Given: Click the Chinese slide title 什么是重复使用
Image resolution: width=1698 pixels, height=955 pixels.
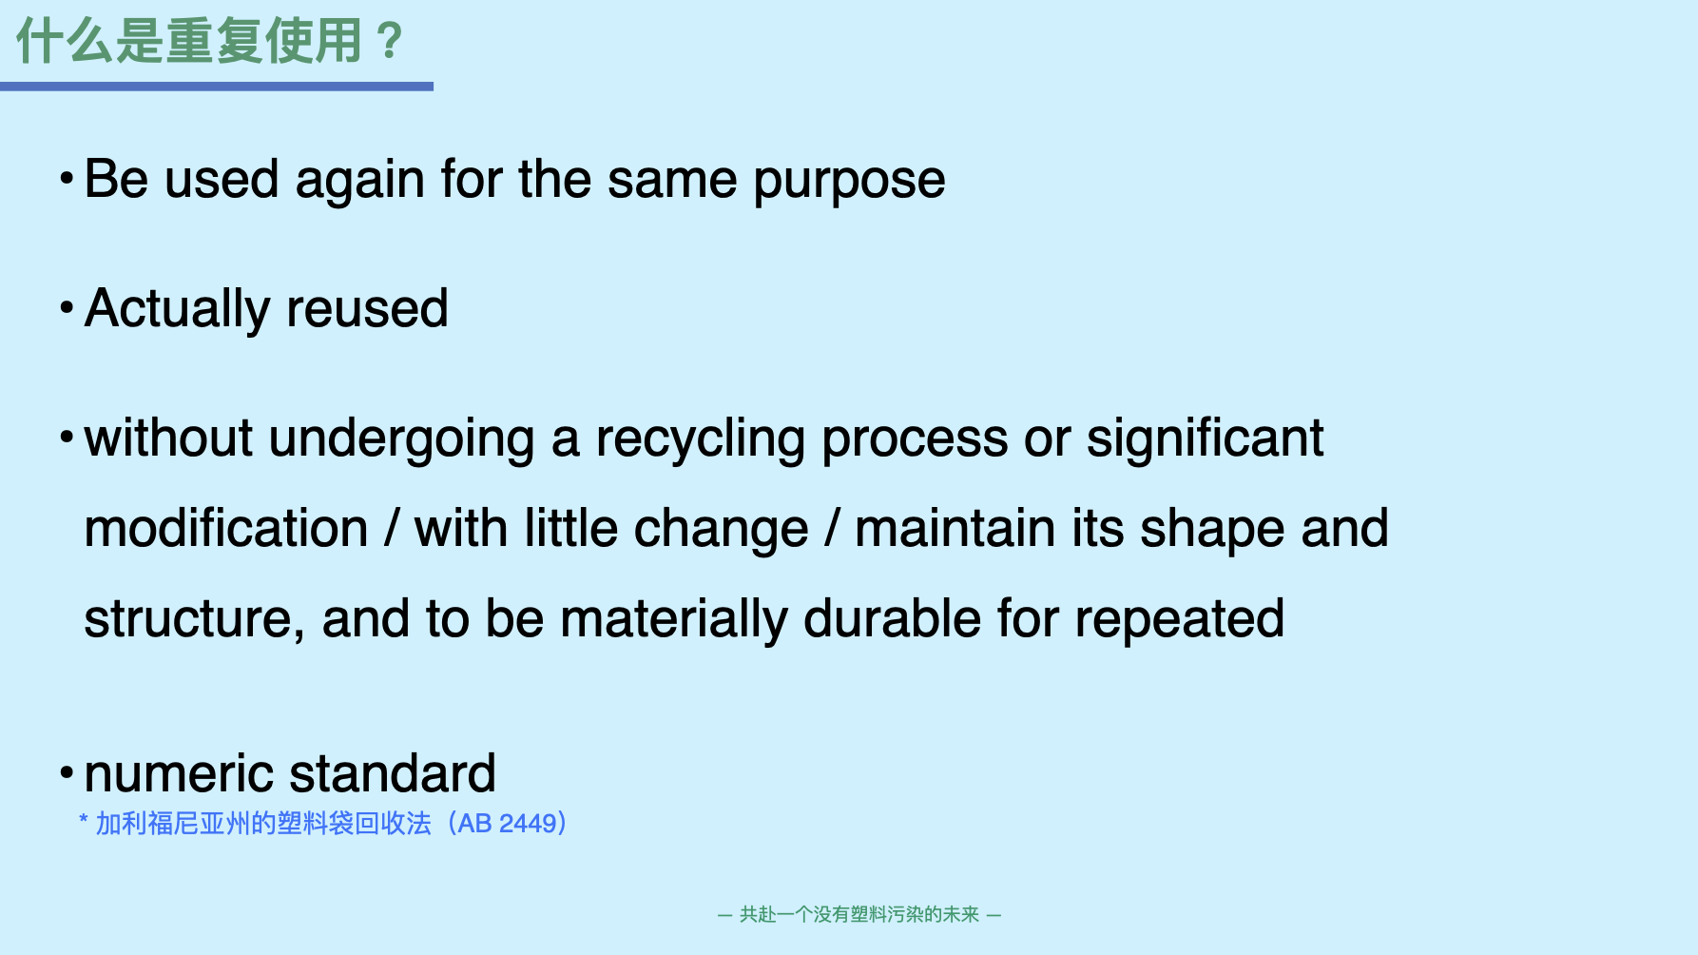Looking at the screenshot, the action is (188, 41).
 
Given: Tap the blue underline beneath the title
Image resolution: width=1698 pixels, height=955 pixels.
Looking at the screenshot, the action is (217, 87).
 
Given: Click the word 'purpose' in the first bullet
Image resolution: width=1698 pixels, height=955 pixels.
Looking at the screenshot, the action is (849, 182).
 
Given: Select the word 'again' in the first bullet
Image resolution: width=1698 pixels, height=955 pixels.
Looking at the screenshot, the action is (359, 182).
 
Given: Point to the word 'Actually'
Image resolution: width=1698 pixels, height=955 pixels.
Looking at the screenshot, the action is (177, 310).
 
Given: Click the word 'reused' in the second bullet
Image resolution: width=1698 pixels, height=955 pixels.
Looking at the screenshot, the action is (367, 309).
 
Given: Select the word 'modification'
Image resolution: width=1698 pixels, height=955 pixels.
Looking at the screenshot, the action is (226, 528).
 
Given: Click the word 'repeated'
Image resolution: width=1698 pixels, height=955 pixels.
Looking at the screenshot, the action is (1180, 621).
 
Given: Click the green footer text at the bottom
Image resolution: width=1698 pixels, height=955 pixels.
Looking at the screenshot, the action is (859, 914).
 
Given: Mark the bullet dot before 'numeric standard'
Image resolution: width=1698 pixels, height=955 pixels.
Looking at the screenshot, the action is (67, 772).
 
